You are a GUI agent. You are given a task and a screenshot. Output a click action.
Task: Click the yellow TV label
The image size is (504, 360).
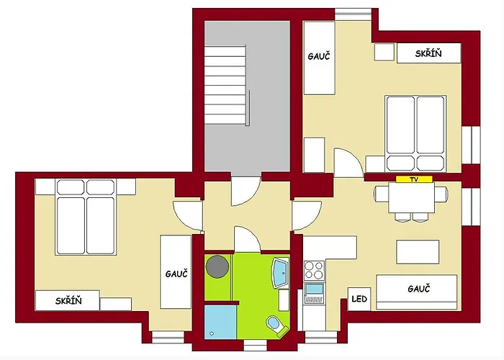tap(414, 179)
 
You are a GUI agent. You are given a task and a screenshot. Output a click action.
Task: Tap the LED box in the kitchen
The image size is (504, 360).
tap(359, 299)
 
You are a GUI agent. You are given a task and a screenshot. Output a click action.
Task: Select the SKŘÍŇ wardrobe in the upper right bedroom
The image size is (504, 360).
tap(429, 53)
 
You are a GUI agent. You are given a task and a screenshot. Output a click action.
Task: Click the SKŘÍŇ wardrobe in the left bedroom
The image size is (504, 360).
tap(68, 300)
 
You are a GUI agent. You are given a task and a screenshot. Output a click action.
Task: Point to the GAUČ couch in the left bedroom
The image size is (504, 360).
tap(176, 272)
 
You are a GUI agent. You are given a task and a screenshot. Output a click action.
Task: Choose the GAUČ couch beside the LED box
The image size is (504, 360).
tap(417, 292)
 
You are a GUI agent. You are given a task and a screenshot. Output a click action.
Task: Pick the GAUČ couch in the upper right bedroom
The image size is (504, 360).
tap(320, 58)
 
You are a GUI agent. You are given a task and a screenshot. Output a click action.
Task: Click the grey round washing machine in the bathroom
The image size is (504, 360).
tap(217, 266)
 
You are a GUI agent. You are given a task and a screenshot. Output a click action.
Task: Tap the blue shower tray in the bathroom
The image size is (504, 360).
tap(220, 322)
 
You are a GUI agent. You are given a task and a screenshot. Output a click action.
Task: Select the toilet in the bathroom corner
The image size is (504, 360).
tap(276, 325)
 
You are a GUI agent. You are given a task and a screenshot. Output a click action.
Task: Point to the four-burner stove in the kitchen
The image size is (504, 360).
tap(314, 270)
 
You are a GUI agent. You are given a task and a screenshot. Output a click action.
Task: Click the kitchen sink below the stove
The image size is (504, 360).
tap(314, 293)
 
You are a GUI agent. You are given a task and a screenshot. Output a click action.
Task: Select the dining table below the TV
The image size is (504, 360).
tap(411, 197)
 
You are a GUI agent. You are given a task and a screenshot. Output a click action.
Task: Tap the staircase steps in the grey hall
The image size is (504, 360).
tap(225, 85)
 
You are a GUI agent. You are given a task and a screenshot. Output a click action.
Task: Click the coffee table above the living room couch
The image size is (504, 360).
tap(418, 252)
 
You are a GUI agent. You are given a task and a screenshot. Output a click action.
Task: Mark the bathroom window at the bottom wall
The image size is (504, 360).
tap(255, 345)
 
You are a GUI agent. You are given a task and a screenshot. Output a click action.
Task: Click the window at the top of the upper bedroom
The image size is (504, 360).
tap(354, 15)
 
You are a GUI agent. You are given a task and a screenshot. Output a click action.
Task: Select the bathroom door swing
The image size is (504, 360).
tap(247, 239)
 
